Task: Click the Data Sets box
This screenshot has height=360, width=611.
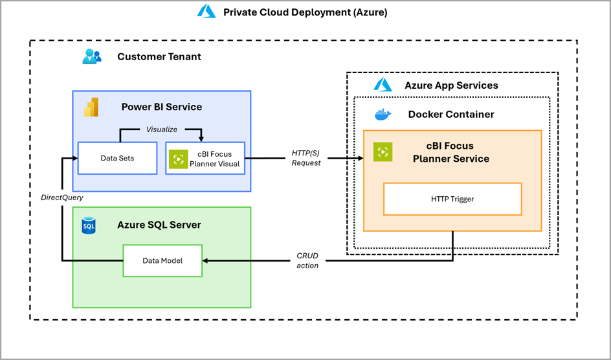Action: [x=117, y=158]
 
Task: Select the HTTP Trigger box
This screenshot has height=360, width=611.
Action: [x=452, y=199]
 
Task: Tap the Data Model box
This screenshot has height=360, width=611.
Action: [x=162, y=260]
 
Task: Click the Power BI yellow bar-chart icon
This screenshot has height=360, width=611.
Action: [x=91, y=107]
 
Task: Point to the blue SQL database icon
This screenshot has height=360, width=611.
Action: [x=89, y=225]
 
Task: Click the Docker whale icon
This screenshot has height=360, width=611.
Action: [x=383, y=115]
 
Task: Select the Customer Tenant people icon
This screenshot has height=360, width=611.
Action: [x=92, y=56]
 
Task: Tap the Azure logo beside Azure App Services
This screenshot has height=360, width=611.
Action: [x=383, y=85]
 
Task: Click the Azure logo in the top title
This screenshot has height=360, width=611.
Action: [x=206, y=11]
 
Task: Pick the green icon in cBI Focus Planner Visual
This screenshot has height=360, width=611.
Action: [x=179, y=159]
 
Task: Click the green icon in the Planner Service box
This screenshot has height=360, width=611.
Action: [x=383, y=152]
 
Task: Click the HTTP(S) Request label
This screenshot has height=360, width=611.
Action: [x=306, y=158]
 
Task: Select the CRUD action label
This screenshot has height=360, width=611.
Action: [x=307, y=260]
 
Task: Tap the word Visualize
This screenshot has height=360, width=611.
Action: [x=161, y=129]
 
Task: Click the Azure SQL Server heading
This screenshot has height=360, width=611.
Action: [x=159, y=225]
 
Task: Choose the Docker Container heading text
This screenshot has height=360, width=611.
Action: [x=450, y=115]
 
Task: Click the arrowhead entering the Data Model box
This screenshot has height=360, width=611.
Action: [x=206, y=260]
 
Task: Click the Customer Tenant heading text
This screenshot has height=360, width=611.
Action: [x=159, y=56]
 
